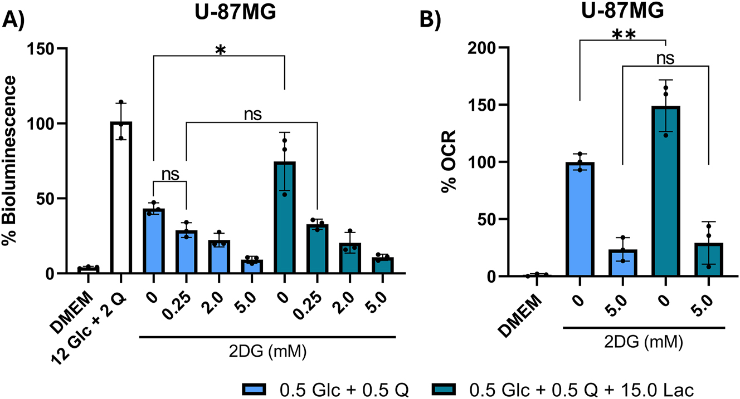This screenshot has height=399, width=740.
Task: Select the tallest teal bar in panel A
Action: (x=284, y=218)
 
